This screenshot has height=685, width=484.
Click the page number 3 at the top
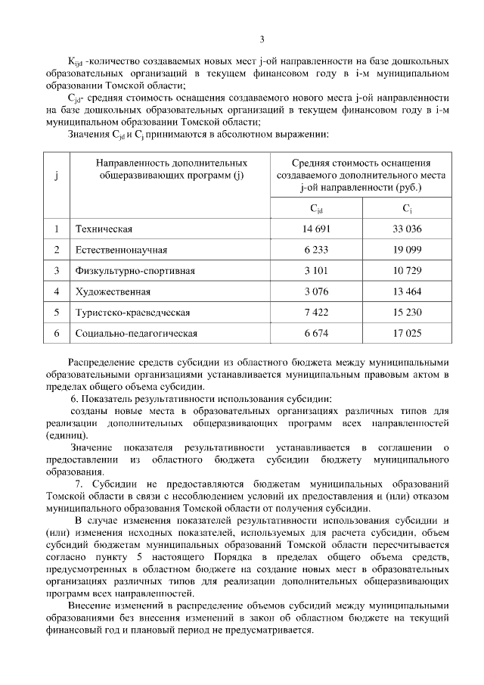pyautogui.click(x=262, y=40)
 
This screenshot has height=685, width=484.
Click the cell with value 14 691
pyautogui.click(x=317, y=229)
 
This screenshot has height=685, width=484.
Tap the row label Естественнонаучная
pyautogui.click(x=121, y=249)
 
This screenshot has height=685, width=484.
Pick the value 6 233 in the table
pyautogui.click(x=317, y=249)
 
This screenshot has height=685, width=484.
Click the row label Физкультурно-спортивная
pyautogui.click(x=135, y=270)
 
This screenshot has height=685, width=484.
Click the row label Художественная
pyautogui.click(x=113, y=291)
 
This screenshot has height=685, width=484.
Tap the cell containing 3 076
pyautogui.click(x=317, y=291)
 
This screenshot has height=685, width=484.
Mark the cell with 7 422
pyautogui.click(x=317, y=312)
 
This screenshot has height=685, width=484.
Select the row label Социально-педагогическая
pyautogui.click(x=136, y=333)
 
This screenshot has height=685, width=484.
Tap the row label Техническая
pyautogui.click(x=104, y=229)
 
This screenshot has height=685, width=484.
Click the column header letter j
pyautogui.click(x=57, y=176)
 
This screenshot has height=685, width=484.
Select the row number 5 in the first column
pyautogui.click(x=57, y=312)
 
